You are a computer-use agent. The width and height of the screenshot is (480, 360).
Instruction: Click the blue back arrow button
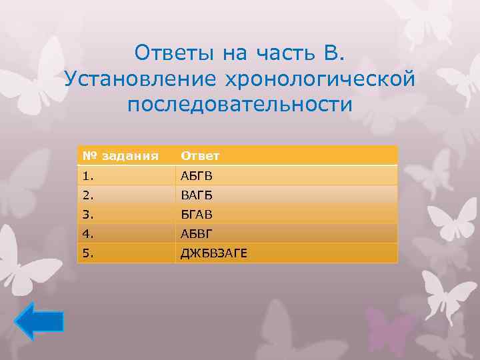point(39,321)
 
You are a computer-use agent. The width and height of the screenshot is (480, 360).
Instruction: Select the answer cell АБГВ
point(195,175)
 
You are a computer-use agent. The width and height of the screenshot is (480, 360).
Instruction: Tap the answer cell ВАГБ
point(195,195)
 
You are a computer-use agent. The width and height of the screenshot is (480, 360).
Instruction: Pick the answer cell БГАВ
point(195,214)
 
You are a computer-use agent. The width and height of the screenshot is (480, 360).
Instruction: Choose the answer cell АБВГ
point(195,233)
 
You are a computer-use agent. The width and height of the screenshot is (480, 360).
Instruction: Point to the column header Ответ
point(198,156)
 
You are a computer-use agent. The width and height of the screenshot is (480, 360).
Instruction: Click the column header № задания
point(121,156)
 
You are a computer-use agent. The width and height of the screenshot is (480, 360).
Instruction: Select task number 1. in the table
point(89,175)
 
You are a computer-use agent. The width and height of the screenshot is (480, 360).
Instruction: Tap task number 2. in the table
point(89,195)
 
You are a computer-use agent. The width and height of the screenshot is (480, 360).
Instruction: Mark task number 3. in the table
point(89,214)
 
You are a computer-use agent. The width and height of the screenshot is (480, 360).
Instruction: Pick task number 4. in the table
point(89,233)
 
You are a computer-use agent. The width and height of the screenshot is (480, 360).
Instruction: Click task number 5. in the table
point(89,253)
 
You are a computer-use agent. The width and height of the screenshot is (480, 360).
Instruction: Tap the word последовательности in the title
point(240,105)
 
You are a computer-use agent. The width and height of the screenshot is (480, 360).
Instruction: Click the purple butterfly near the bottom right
point(390,329)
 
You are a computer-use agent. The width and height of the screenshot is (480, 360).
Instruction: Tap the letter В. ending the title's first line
point(336,53)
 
